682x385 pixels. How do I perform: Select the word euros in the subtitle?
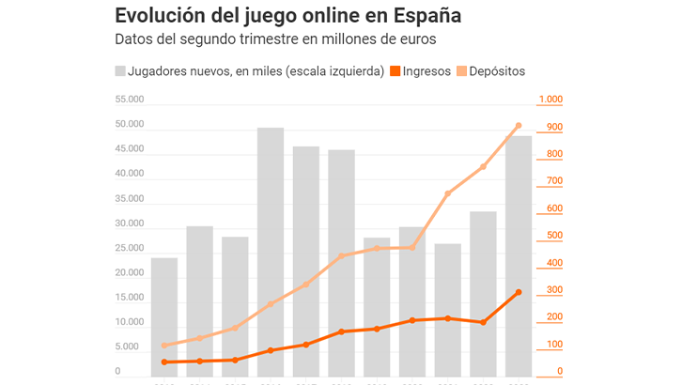(415, 39)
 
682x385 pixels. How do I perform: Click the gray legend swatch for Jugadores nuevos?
(120, 71)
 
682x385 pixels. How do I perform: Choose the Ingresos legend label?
(426, 71)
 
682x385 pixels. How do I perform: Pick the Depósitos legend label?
(497, 71)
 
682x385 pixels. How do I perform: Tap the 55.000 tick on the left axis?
(130, 100)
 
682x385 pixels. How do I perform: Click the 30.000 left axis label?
(130, 223)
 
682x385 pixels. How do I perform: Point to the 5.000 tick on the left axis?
(132, 347)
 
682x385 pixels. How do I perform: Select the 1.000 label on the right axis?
(550, 100)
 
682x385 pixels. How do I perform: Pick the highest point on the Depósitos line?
(519, 126)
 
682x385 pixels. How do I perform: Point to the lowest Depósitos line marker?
(164, 346)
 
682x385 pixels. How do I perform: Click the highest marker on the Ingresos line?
(519, 292)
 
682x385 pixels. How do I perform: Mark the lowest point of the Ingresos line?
(164, 362)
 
